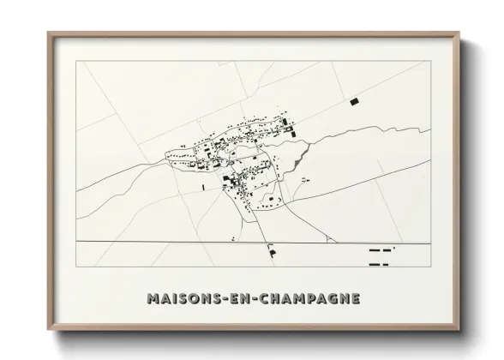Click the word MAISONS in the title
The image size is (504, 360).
point(181,299)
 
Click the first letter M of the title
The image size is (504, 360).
point(152,299)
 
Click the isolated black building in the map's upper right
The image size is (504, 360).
point(353,102)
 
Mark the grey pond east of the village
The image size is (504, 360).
point(298,159)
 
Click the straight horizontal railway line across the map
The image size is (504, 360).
point(171,243)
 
